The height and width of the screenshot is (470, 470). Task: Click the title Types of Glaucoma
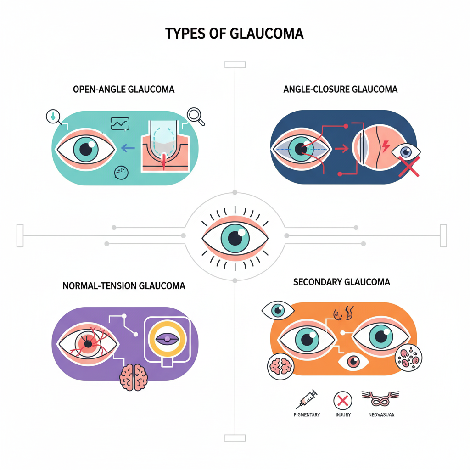[x=235, y=34]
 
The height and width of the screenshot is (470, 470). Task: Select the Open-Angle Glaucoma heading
[x=124, y=90]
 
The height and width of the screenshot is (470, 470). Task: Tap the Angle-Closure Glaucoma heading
[x=340, y=89]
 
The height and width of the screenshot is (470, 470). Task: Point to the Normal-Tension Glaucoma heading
[x=124, y=286]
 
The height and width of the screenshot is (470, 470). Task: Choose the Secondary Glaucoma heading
[x=341, y=282]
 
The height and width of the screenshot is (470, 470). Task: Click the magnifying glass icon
[x=196, y=115]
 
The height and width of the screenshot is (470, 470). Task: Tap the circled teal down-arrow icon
[x=53, y=117]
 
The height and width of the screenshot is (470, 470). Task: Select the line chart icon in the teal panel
[x=120, y=123]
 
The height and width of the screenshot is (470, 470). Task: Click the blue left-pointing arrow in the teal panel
[x=127, y=148]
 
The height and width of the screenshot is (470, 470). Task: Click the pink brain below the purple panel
[x=133, y=377]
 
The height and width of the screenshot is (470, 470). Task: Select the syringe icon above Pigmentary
[x=307, y=398]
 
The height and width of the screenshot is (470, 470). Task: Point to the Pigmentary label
[x=307, y=415]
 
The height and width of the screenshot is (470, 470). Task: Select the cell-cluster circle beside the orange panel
[x=408, y=358]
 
